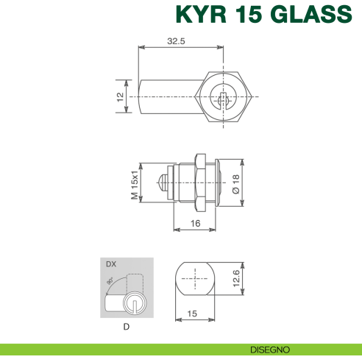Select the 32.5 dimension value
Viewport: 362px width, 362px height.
coord(175,41)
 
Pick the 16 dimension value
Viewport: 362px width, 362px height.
coord(195,222)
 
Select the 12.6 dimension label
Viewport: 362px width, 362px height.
coord(236,279)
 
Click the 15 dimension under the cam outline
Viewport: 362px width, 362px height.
coord(193,313)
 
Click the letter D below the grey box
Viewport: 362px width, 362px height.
coord(127,326)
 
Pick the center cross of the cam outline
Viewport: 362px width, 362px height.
coord(194,278)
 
